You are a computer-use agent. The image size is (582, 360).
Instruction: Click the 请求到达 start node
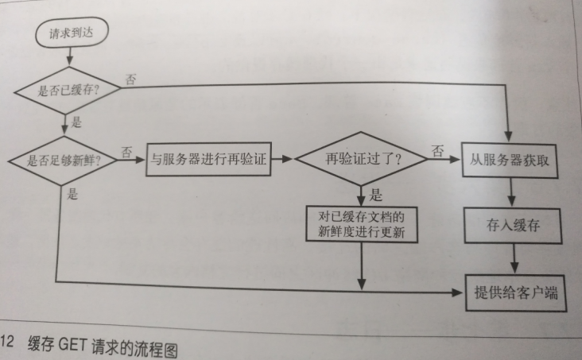pos(70,33)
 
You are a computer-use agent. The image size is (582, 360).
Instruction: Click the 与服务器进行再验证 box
pos(209,159)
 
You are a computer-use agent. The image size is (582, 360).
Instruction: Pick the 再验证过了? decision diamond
pos(363,158)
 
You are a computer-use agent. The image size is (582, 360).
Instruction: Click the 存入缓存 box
pos(512,225)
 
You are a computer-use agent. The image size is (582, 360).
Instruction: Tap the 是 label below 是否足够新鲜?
pos(73,194)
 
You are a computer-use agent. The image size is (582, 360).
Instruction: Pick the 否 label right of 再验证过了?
pos(437,148)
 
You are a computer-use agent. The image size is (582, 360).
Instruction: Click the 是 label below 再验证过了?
pos(378,195)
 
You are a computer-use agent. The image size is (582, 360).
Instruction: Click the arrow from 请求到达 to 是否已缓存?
pos(70,56)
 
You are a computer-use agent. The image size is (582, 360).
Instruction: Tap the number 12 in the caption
pos(7,343)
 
